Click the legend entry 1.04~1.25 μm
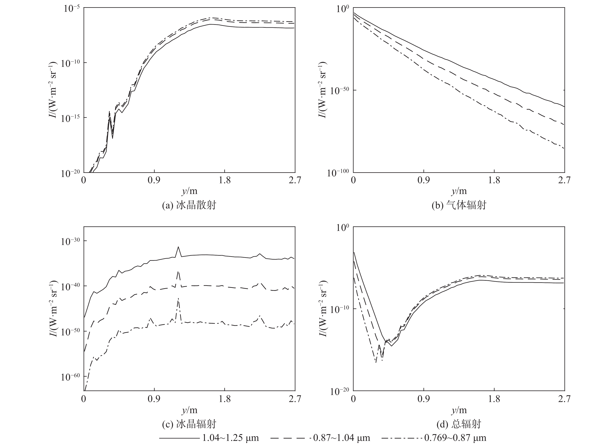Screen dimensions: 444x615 231,438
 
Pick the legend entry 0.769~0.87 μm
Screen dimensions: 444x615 455,438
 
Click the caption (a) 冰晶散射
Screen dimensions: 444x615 189,205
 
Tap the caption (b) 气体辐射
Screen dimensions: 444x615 459,205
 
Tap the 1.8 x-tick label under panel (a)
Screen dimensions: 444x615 225,180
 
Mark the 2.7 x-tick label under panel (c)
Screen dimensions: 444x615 295,399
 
